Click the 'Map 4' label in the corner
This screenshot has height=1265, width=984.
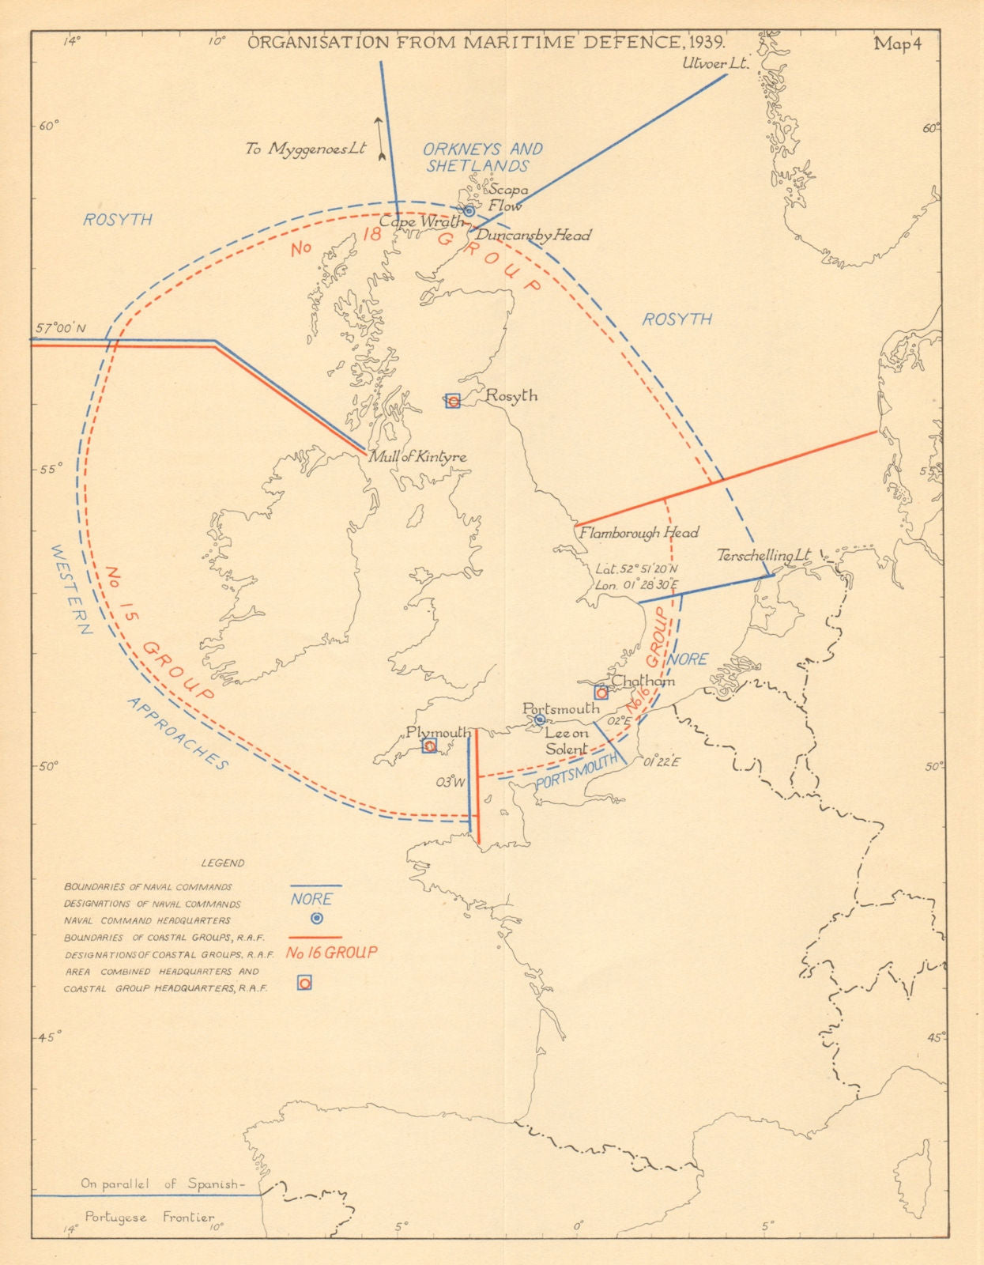(x=897, y=44)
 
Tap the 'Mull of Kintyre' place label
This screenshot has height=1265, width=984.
(x=417, y=457)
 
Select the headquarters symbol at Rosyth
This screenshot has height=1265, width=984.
(x=453, y=401)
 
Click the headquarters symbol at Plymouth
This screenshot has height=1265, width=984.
(x=429, y=746)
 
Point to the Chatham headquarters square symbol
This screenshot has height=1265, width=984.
(x=601, y=693)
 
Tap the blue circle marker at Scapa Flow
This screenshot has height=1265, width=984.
(x=469, y=210)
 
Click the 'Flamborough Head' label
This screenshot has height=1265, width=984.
(x=639, y=533)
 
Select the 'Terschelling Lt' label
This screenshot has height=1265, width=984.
(x=763, y=556)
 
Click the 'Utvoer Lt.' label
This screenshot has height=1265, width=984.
(x=715, y=64)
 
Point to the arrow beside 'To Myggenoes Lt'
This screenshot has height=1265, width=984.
(x=379, y=138)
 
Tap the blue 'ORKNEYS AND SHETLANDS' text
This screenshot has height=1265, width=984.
(x=482, y=157)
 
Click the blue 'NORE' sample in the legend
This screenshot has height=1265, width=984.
(x=311, y=899)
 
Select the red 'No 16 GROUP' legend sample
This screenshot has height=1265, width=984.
(x=332, y=953)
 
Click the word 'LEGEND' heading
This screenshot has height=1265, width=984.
(x=223, y=863)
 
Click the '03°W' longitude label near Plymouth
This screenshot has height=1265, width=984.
(x=448, y=782)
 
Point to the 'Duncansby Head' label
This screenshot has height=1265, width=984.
(x=533, y=236)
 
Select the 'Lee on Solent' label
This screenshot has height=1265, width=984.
(x=567, y=742)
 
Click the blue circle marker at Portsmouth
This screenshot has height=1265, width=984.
(x=540, y=719)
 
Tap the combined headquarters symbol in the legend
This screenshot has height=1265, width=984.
(x=304, y=983)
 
